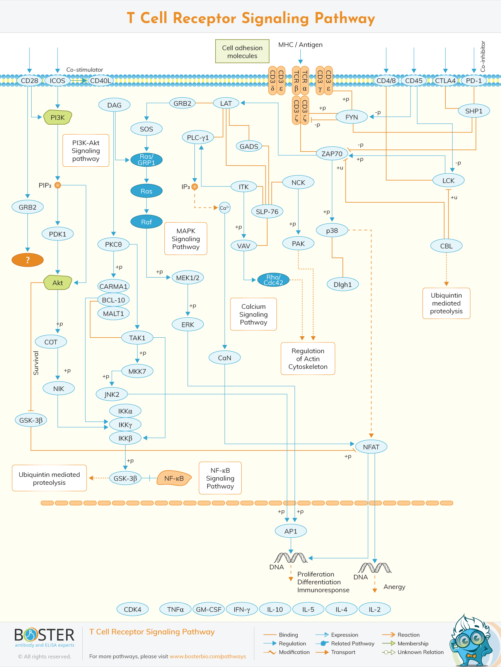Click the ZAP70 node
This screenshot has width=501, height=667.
(332, 154)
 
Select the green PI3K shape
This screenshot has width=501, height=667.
(58, 117)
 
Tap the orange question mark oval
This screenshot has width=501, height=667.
(27, 260)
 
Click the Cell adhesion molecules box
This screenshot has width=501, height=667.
(242, 51)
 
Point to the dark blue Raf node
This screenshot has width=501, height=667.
(146, 222)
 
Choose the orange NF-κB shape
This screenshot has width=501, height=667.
(174, 478)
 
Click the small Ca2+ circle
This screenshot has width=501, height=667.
(225, 208)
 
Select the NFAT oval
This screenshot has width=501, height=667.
(371, 447)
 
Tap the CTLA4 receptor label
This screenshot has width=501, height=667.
(445, 81)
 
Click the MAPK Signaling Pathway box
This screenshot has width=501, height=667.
(186, 239)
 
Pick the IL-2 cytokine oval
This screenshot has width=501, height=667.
(374, 609)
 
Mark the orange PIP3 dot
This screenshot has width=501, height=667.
(58, 185)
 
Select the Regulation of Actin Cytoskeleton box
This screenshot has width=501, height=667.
(308, 359)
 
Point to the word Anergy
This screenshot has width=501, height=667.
(394, 587)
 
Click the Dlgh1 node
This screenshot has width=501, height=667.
(343, 284)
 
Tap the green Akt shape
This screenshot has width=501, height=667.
(58, 283)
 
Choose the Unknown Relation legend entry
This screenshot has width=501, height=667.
(413, 652)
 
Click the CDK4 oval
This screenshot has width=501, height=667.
(133, 609)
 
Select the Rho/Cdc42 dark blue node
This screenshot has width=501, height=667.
(273, 280)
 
